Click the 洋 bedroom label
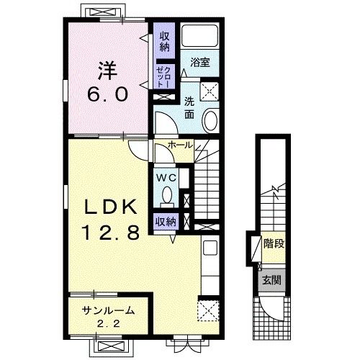[107, 71]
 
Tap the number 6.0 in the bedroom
[107, 94]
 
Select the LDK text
[110, 207]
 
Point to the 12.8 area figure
[111, 232]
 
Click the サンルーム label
[108, 310]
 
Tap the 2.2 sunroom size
[109, 324]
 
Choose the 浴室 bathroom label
[200, 63]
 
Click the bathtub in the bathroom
[200, 36]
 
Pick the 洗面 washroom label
[189, 109]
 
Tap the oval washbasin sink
[211, 121]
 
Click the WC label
[166, 178]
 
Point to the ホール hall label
[180, 145]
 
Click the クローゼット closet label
[163, 77]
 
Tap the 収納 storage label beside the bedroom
[165, 42]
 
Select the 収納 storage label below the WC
[166, 221]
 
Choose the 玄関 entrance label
[271, 280]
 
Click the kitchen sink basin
[210, 248]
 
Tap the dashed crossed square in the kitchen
[208, 310]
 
